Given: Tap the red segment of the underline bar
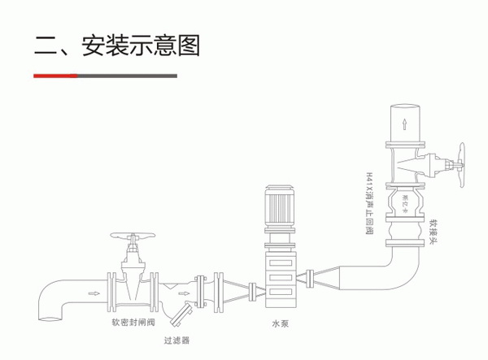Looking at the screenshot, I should pyautogui.click(x=54, y=76).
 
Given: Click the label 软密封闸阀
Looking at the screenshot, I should pyautogui.click(x=133, y=321).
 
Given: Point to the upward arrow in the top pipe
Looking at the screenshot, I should pyautogui.click(x=403, y=124).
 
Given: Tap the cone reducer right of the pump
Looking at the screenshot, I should pyautogui.click(x=323, y=276).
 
